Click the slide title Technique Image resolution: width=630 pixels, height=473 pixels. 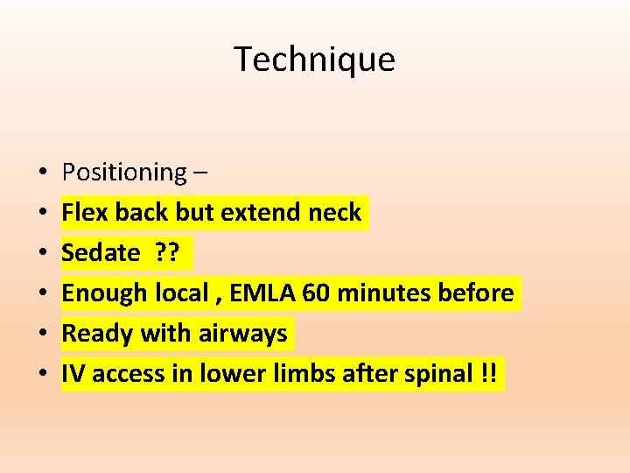coord(314,60)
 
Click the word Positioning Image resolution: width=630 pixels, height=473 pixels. coord(123,173)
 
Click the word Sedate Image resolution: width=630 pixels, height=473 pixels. coord(101,253)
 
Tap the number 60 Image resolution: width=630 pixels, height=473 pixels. coord(316,293)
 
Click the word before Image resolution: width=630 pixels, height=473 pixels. coord(479,293)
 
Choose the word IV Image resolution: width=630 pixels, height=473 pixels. coord(73,374)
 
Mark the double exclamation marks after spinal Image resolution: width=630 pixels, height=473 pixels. coord(488,374)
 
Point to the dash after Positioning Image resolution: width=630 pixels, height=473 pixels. coord(201,173)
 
